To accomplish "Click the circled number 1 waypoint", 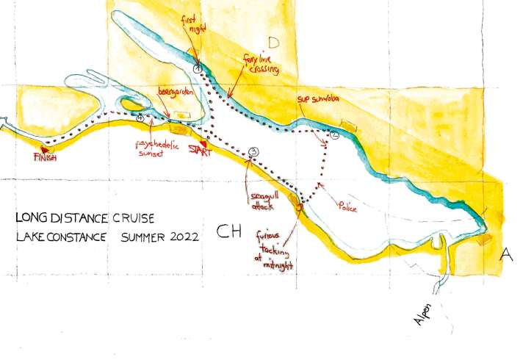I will coord(197,68).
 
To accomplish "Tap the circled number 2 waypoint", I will coord(334,135).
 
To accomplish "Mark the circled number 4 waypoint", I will coord(139,118).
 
